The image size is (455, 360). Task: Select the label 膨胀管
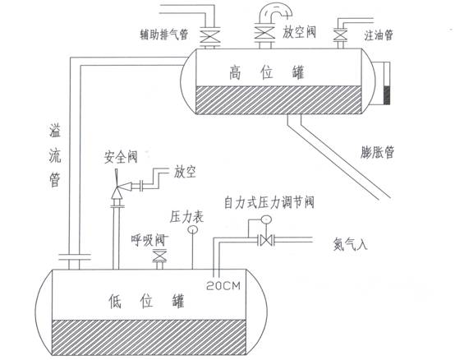(x=378, y=152)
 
